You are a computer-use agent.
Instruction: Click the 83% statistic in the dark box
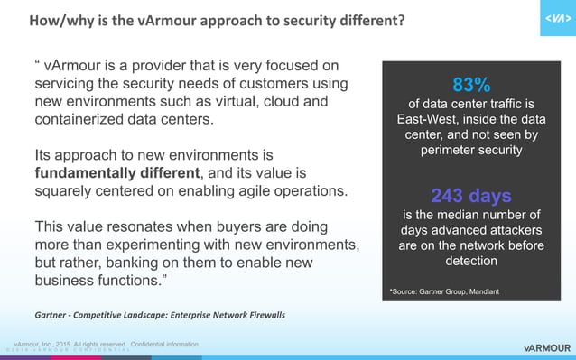[470, 86]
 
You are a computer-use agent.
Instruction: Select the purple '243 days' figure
[470, 196]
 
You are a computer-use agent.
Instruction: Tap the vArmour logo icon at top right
[557, 19]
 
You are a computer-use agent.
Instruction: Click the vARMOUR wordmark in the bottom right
[547, 347]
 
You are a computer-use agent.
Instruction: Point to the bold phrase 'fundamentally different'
[116, 172]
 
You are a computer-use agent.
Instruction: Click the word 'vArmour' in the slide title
[153, 20]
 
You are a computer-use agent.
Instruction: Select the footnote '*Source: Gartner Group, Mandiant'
[443, 292]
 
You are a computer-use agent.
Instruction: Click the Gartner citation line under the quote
[160, 314]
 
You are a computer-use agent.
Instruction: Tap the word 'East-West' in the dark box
[428, 119]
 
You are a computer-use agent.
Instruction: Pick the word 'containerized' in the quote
[79, 119]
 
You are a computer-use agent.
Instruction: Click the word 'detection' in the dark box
[470, 261]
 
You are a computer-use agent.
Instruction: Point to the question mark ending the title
[401, 20]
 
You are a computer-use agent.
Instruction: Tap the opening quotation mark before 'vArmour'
[37, 65]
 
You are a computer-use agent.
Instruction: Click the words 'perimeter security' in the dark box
[470, 150]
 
